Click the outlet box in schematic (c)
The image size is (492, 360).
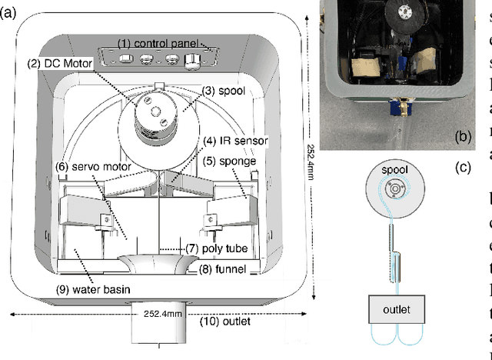(x=396, y=310)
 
